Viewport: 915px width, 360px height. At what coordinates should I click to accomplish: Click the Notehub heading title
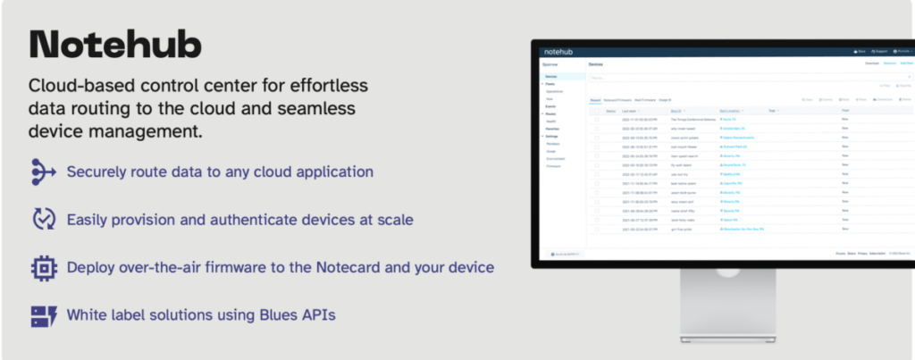click(x=115, y=44)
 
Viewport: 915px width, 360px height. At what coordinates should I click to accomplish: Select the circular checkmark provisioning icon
click(x=43, y=219)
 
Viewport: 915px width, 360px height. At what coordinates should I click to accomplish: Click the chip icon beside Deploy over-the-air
click(x=43, y=267)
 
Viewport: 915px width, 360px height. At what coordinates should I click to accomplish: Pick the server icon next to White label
click(x=43, y=315)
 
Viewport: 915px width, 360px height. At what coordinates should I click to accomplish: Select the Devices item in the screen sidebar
click(x=550, y=78)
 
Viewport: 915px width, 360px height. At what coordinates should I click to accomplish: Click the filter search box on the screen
click(x=715, y=79)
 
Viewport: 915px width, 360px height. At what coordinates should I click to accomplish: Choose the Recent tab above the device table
click(x=594, y=99)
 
